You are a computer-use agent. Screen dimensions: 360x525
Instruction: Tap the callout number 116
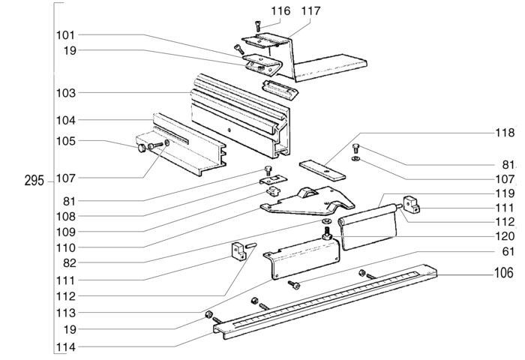[x=259, y=10]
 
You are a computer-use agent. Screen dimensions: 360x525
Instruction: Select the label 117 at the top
[x=289, y=10]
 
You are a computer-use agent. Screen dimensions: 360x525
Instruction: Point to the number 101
[x=65, y=35]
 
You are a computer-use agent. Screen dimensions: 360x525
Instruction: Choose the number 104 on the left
[x=65, y=120]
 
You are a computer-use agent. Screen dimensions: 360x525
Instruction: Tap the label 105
[x=65, y=141]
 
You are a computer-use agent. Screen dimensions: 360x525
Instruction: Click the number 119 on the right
[x=504, y=193]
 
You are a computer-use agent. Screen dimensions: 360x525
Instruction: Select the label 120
[x=504, y=236]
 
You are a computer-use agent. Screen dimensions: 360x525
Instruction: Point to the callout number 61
[x=508, y=251]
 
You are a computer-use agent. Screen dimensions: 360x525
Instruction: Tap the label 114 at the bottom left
[x=65, y=348]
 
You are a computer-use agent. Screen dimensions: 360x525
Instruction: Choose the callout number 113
[x=65, y=312]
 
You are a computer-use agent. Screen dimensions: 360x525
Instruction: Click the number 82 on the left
[x=68, y=262]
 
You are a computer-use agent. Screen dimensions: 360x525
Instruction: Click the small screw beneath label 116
[x=257, y=27]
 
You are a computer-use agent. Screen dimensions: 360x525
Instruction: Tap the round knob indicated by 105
[x=142, y=148]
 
